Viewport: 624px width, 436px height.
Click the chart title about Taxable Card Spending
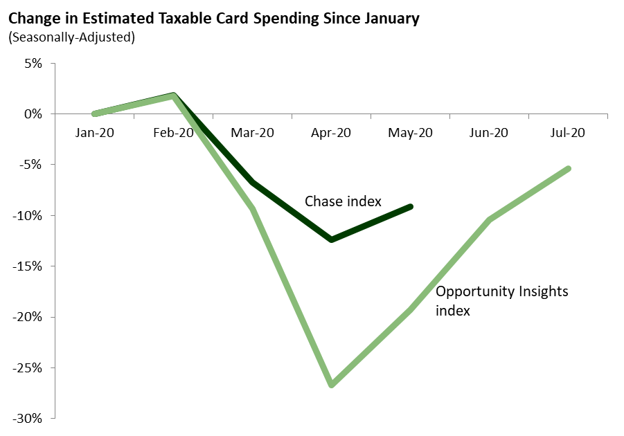click(x=214, y=19)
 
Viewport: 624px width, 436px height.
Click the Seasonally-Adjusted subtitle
click(x=71, y=37)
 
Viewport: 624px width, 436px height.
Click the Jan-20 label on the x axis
click(x=94, y=133)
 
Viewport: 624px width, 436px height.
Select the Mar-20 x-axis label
click(x=252, y=133)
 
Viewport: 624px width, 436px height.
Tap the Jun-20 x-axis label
click(x=490, y=133)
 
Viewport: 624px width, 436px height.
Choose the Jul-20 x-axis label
click(x=568, y=133)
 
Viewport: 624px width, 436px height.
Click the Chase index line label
click(x=343, y=201)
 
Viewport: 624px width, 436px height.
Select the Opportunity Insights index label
click(x=502, y=300)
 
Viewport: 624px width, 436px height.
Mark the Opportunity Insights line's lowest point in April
click(x=332, y=385)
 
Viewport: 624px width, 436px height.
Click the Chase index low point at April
click(x=332, y=239)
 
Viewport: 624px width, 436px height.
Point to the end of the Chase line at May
click(x=411, y=206)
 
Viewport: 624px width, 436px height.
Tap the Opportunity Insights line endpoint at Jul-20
click(x=569, y=168)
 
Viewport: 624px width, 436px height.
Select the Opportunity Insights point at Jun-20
click(x=490, y=219)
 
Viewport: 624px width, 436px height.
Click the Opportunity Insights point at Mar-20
click(x=253, y=208)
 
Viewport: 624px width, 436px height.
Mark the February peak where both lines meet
click(x=174, y=96)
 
